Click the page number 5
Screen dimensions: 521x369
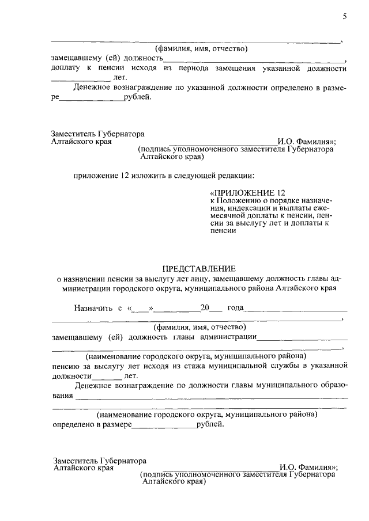pyautogui.click(x=344, y=17)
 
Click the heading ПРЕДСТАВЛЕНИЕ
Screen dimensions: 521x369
pyautogui.click(x=199, y=268)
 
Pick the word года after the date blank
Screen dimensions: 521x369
pyautogui.click(x=236, y=308)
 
